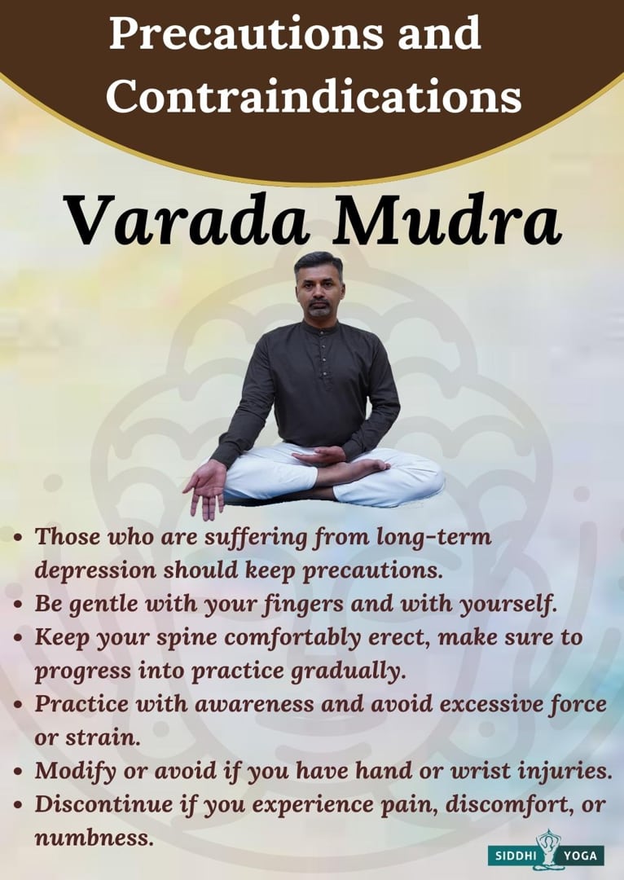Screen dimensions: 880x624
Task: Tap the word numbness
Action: (x=93, y=837)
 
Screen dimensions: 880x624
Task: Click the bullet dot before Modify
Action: (x=20, y=772)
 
